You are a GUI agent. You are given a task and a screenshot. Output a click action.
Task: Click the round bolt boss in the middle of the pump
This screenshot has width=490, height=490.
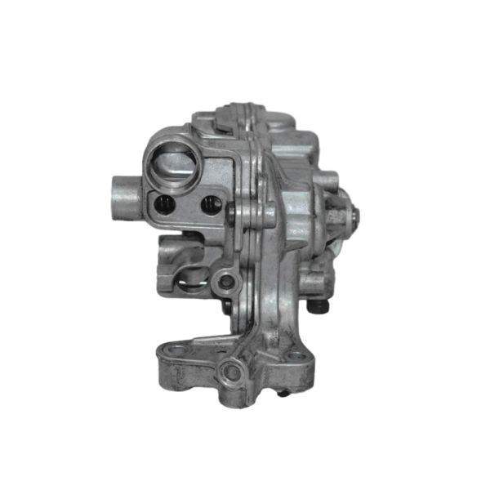click(x=226, y=283)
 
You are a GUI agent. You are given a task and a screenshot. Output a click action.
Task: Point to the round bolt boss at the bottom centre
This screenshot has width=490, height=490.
click(x=232, y=372)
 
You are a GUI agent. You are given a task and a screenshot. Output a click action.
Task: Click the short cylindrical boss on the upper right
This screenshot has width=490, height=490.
click(x=325, y=180)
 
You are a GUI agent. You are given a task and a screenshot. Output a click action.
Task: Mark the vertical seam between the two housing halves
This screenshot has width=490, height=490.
click(x=259, y=245)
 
